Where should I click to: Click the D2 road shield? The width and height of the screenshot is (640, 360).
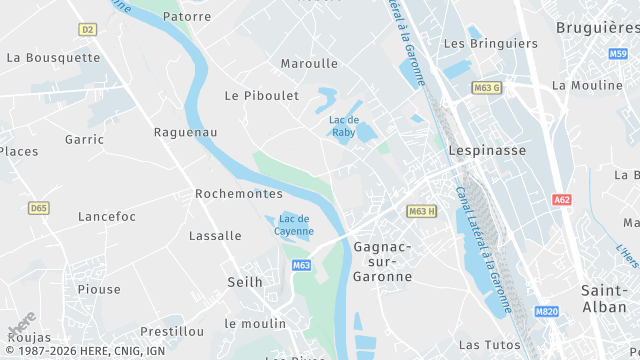click(x=87, y=30)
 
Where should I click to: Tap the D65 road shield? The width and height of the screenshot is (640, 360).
click(x=38, y=208)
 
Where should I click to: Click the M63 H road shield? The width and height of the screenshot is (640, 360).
click(x=421, y=211)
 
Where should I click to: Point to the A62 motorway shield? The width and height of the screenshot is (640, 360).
click(x=562, y=200)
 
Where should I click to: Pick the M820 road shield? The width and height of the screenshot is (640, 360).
click(x=547, y=340)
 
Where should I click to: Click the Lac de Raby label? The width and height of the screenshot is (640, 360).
click(x=344, y=125)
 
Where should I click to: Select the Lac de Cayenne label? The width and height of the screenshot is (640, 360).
click(x=295, y=225)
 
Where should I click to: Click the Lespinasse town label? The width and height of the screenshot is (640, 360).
click(x=488, y=150)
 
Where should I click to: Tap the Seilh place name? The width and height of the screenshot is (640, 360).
click(x=245, y=282)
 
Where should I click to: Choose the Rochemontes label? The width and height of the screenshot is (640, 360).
click(x=239, y=193)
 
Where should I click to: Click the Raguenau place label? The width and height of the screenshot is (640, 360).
click(x=186, y=132)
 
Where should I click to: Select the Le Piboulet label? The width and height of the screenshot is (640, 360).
click(x=263, y=96)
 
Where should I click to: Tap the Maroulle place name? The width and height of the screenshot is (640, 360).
click(x=309, y=63)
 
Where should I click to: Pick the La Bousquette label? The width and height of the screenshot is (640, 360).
click(x=53, y=57)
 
